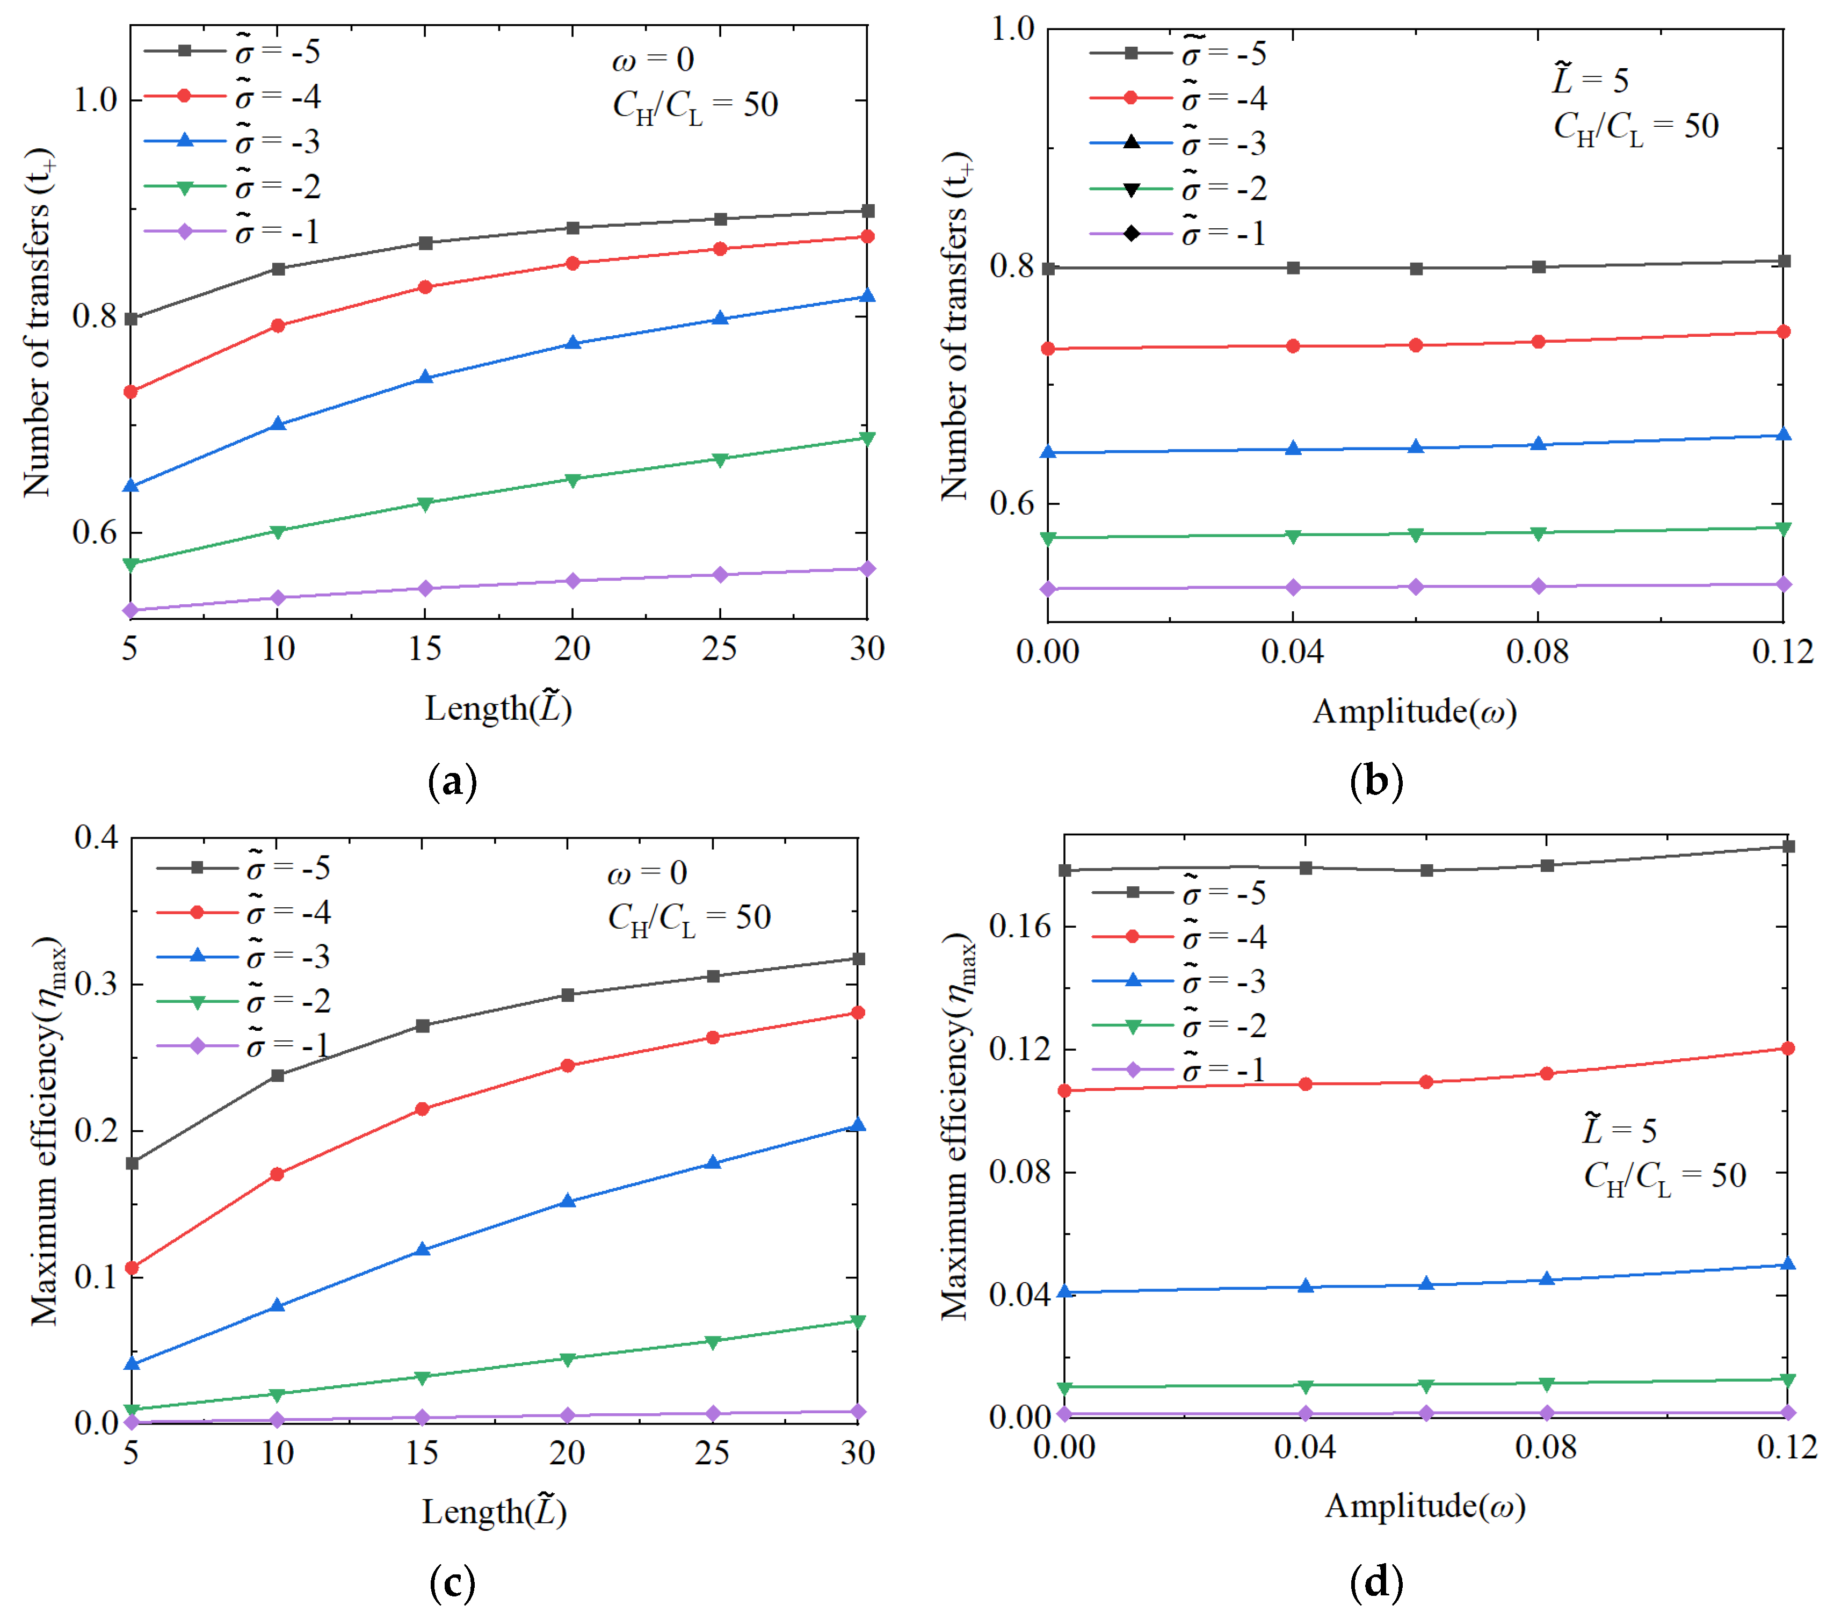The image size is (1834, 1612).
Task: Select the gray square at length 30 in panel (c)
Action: click(858, 959)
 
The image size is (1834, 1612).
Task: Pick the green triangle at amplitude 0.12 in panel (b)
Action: click(1784, 528)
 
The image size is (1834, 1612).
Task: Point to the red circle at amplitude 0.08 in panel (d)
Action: click(1547, 1073)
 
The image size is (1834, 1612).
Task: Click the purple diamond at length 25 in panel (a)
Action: click(720, 574)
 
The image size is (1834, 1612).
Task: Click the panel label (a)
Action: click(453, 782)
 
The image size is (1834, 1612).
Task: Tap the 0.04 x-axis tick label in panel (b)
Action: click(1292, 652)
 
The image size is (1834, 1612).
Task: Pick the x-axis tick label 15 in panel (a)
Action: click(424, 649)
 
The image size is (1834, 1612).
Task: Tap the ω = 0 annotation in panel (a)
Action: click(653, 60)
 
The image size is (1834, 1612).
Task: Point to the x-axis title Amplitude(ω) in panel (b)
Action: click(1415, 712)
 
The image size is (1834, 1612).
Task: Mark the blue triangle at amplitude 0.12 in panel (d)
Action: click(1787, 1264)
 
